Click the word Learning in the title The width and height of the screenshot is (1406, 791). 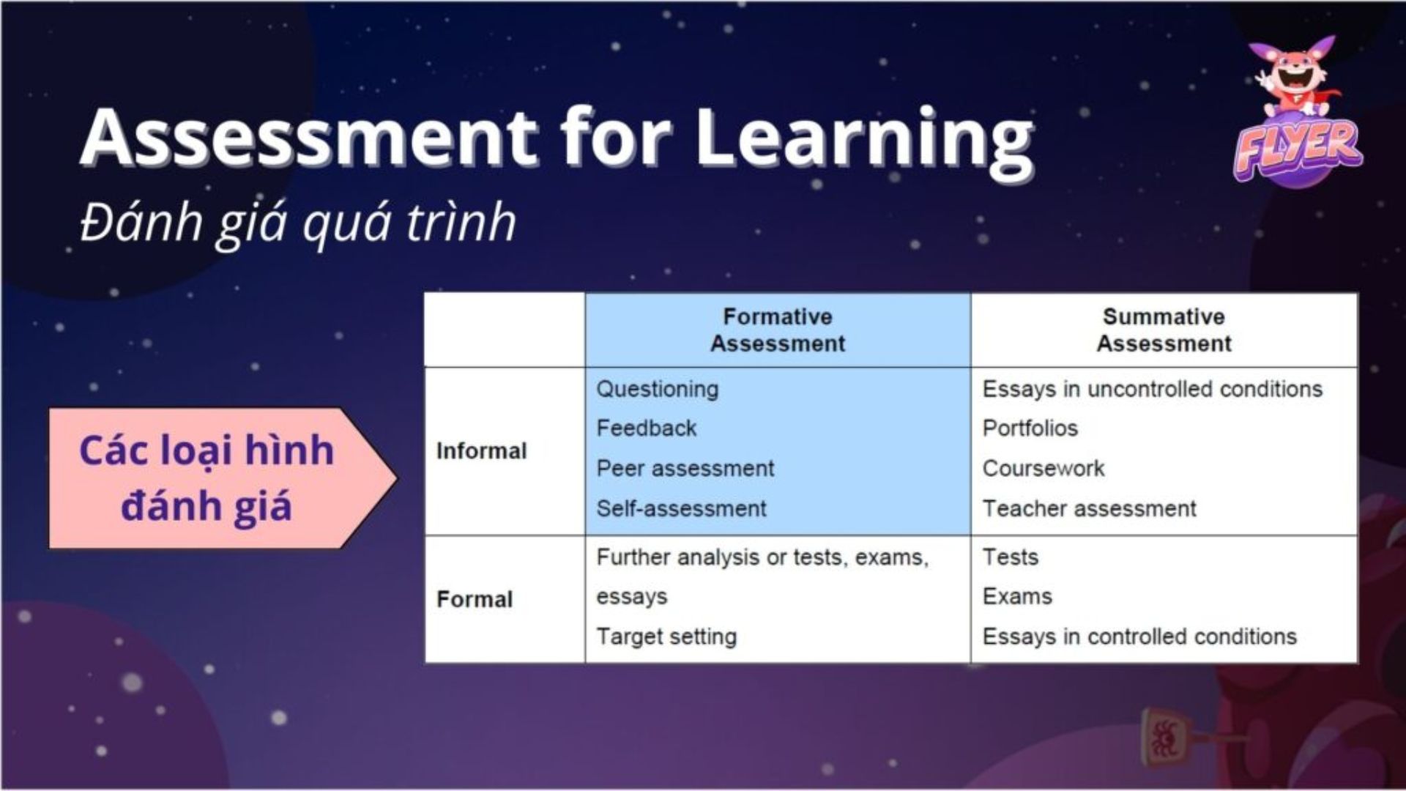(x=864, y=139)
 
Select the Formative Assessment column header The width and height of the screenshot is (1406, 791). (x=778, y=330)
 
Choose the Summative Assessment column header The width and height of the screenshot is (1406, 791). (x=1164, y=330)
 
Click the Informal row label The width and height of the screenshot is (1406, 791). (x=481, y=451)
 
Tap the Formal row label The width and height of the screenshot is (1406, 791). (x=475, y=600)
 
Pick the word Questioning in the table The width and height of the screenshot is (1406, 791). (x=657, y=389)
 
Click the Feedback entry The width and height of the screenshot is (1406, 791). (x=646, y=428)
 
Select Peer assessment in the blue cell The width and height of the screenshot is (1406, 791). (x=685, y=469)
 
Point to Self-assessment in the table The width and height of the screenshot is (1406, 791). (x=681, y=508)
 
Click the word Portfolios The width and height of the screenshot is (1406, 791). (x=1030, y=428)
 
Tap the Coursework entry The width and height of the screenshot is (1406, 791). (x=1043, y=469)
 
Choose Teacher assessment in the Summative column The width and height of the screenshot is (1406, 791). (x=1089, y=508)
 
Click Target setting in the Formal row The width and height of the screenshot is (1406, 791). (x=666, y=636)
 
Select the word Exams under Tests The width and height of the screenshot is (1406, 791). (x=1016, y=597)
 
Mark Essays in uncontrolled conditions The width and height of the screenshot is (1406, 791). (x=1152, y=389)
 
